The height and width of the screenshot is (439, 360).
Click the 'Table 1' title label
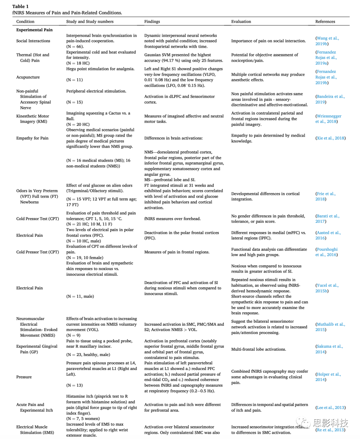20,6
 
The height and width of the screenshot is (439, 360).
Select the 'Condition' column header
25,21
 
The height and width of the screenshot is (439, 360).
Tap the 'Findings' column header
152,21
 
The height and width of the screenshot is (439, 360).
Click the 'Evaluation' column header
241,21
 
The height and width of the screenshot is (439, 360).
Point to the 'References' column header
325,21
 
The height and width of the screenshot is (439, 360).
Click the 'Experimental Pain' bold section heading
34,30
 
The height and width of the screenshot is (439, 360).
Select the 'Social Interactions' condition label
33,41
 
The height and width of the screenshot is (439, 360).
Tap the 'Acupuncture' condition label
28,77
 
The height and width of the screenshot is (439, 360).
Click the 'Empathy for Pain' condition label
32,138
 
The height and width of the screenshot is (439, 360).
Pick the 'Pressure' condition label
24,377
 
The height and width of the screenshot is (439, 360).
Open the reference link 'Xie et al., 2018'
330,138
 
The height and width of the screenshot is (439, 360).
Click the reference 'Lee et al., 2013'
330,407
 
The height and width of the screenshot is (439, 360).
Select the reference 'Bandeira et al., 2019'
330,99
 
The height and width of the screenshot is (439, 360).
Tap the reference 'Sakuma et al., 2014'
329,349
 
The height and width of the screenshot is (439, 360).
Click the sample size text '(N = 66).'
75,47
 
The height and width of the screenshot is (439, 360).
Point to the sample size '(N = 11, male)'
80,296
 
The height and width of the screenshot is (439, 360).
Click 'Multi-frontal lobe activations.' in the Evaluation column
258,349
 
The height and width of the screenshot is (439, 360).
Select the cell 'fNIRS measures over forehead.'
172,219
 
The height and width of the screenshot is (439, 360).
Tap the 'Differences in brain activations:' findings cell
173,138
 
